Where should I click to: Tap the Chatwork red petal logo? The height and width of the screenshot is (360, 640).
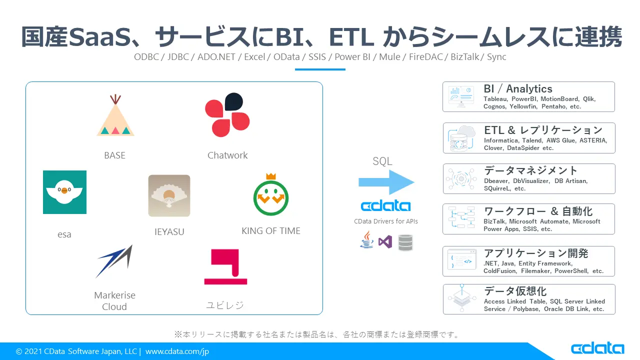click(x=227, y=115)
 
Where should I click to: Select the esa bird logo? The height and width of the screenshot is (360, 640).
click(x=64, y=192)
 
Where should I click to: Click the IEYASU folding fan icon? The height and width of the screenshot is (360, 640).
click(x=169, y=195)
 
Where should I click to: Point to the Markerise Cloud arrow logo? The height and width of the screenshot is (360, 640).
click(x=114, y=261)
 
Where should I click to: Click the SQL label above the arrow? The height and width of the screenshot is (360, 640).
click(x=382, y=161)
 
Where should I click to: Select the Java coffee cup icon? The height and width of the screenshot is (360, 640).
click(x=366, y=240)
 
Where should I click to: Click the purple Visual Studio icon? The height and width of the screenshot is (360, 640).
click(x=385, y=242)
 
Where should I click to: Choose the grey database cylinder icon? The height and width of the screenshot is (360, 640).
click(x=405, y=242)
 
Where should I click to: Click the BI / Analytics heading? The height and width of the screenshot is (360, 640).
click(x=517, y=89)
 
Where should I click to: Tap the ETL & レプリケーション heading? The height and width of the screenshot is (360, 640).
click(x=543, y=130)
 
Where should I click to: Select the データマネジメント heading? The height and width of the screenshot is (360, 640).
click(x=530, y=170)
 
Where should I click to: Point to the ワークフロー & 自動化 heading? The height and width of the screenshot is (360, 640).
click(x=538, y=211)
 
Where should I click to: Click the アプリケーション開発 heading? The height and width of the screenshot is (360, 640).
click(x=536, y=253)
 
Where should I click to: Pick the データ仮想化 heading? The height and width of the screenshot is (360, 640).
click(x=515, y=291)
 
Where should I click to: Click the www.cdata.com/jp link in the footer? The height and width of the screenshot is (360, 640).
click(x=177, y=351)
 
